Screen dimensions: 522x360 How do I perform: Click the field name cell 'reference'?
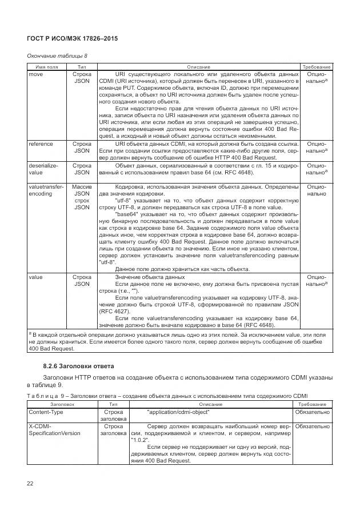pyautogui.click(x=41, y=144)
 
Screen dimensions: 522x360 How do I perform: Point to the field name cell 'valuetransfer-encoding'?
pyautogui.click(x=46, y=190)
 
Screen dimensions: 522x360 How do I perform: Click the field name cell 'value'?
pyautogui.click(x=35, y=277)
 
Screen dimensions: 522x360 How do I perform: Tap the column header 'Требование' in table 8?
pyautogui.click(x=317, y=67)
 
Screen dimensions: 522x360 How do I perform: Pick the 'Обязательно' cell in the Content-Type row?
pyautogui.click(x=312, y=412)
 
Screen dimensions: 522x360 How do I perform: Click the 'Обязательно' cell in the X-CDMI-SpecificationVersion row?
pyautogui.click(x=312, y=427)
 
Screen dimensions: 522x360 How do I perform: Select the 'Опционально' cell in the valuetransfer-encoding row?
pyautogui.click(x=317, y=190)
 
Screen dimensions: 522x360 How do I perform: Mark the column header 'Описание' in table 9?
pyautogui.click(x=211, y=404)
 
